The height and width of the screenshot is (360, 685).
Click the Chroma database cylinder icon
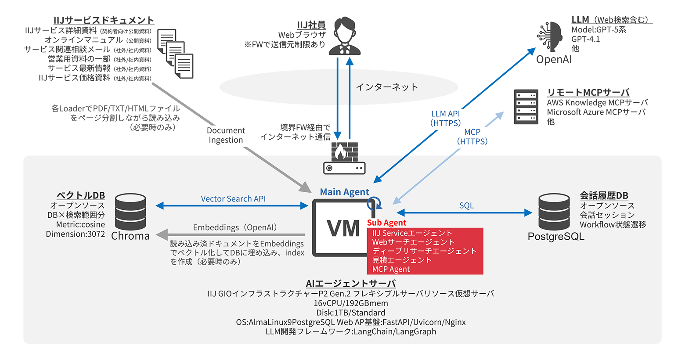(x=130, y=212)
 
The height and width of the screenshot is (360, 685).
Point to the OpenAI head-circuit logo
(x=550, y=36)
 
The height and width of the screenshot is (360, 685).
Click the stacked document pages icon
(x=175, y=54)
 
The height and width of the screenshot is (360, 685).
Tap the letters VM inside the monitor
(x=343, y=228)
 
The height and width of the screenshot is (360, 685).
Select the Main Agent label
(x=344, y=192)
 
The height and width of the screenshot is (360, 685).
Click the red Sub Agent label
(x=386, y=223)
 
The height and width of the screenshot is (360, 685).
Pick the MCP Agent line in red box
(x=391, y=269)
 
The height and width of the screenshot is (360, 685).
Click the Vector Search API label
(x=233, y=199)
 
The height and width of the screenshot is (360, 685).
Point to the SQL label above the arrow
(x=466, y=205)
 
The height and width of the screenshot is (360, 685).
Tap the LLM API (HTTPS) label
(x=445, y=119)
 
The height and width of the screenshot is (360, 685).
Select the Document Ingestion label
(x=226, y=135)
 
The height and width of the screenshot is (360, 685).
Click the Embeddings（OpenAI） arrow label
(x=235, y=227)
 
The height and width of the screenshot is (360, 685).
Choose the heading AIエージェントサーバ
(x=350, y=284)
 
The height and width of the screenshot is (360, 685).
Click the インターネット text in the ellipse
(x=386, y=87)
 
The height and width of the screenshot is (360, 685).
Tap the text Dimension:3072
(x=76, y=234)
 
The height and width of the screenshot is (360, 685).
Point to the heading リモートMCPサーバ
(x=588, y=92)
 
